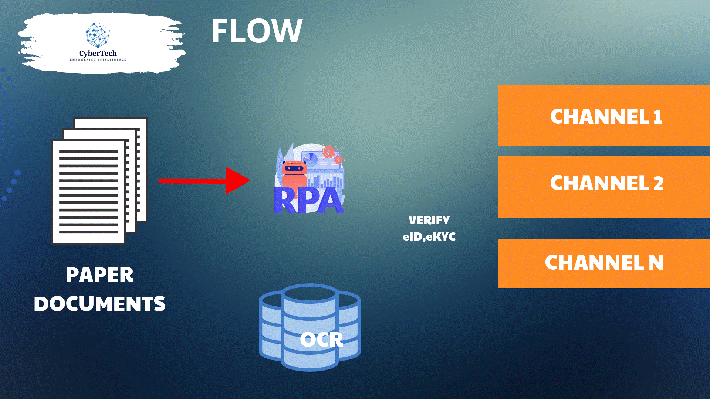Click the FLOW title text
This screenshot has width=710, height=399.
[x=257, y=31]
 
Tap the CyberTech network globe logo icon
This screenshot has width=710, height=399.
[x=98, y=35]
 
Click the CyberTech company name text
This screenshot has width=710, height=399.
[x=98, y=54]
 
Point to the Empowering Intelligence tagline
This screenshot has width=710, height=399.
[x=98, y=59]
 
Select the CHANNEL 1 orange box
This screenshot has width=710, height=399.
[x=604, y=116]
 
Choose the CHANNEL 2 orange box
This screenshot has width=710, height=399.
[x=604, y=187]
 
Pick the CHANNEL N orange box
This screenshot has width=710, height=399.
[x=604, y=263]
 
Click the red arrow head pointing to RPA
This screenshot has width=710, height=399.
[x=237, y=181]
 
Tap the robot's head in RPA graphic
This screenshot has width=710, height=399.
[x=294, y=168]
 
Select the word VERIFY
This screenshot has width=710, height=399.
[x=429, y=221]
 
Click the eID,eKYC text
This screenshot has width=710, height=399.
[x=429, y=236]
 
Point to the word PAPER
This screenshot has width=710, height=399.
[x=99, y=275]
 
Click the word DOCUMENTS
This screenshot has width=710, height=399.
[x=99, y=304]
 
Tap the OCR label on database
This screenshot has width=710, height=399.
[x=321, y=340]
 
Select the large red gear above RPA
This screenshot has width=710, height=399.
[x=328, y=151]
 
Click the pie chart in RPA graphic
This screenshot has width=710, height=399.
[x=312, y=159]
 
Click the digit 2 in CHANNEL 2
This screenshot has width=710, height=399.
[x=658, y=184]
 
